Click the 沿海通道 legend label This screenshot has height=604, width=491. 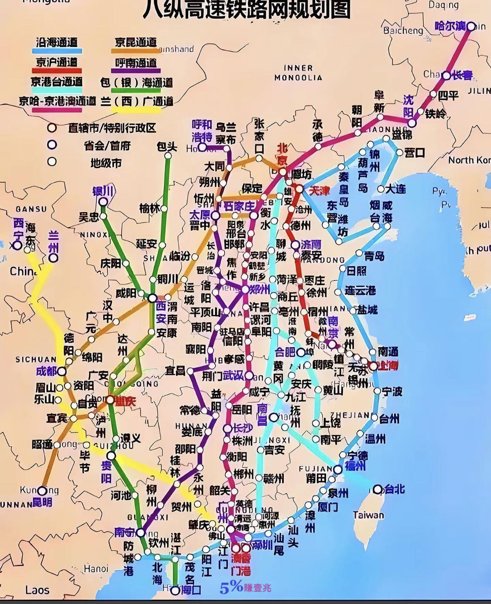point(57,42)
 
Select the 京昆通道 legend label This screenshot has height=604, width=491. point(136,42)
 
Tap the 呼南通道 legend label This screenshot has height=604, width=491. point(136,62)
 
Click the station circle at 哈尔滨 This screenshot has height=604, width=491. point(471,27)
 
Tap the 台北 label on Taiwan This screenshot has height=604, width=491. point(395,489)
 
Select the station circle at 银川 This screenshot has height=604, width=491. point(103,201)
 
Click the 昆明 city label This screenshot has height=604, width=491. point(43,502)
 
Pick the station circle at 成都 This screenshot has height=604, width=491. point(62,372)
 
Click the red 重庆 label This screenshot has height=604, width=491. point(125,401)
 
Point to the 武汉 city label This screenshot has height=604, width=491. point(233,375)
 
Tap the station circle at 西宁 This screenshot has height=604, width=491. point(17,246)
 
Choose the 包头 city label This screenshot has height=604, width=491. point(167,147)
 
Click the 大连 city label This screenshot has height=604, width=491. point(396,189)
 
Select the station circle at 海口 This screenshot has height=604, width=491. point(175,591)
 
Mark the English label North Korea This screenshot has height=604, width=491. point(469,160)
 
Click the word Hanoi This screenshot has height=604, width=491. point(96,569)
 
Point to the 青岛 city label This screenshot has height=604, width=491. point(374,256)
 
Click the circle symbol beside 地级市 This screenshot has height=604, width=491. point(52,162)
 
